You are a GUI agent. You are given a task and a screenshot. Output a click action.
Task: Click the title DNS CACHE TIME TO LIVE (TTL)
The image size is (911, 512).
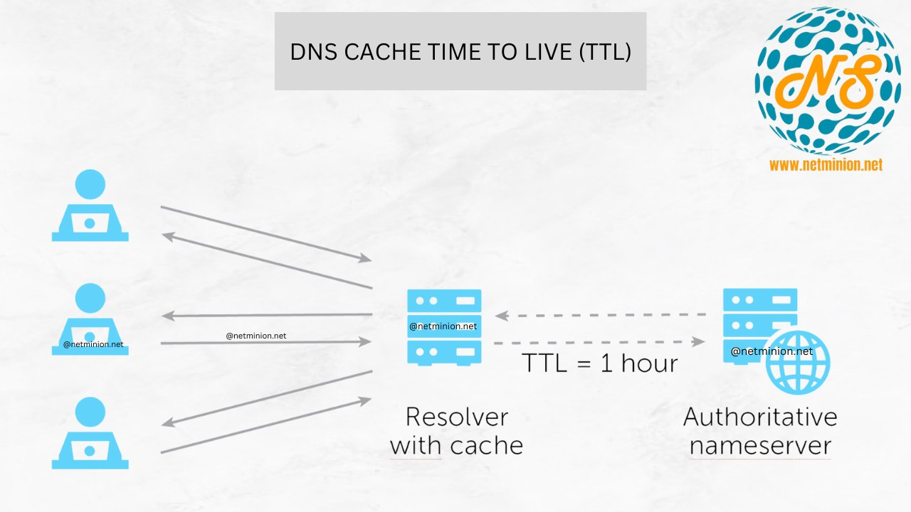[460, 52]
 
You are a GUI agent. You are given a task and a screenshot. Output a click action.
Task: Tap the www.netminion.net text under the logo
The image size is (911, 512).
[826, 165]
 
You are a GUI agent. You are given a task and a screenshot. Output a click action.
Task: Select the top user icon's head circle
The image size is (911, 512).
[90, 184]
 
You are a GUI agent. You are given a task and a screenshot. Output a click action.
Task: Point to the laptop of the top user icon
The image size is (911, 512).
[90, 224]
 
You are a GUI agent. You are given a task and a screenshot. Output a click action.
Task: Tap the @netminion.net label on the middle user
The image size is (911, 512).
[93, 344]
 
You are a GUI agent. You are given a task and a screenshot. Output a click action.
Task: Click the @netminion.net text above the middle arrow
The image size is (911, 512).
[256, 335]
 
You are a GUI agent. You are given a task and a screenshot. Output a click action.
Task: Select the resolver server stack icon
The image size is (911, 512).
[444, 326]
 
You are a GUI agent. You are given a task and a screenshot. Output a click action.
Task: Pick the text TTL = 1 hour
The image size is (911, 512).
[600, 363]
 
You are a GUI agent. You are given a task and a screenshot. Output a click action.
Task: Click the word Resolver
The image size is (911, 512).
[456, 417]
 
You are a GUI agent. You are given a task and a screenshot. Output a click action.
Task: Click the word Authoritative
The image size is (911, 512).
[759, 417]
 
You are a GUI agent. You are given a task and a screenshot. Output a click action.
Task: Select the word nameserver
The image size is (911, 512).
[759, 446]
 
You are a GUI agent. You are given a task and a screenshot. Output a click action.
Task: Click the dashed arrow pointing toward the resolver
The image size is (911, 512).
[601, 314]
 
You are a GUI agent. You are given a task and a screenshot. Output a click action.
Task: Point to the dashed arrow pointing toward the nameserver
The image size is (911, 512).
[601, 342]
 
